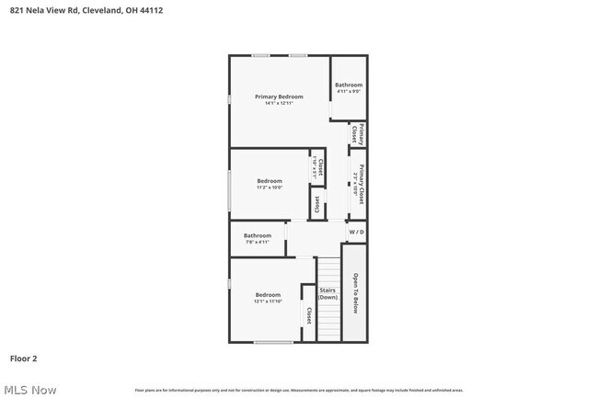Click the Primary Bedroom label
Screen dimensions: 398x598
pyautogui.click(x=279, y=97)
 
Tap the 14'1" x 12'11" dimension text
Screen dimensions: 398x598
pyautogui.click(x=279, y=103)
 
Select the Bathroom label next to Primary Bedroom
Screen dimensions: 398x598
pyautogui.click(x=349, y=85)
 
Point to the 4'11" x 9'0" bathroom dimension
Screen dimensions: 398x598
pyautogui.click(x=349, y=91)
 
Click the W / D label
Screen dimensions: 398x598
pyautogui.click(x=356, y=233)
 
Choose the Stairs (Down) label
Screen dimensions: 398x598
pyautogui.click(x=328, y=294)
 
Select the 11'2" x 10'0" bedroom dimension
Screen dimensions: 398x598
pyautogui.click(x=270, y=188)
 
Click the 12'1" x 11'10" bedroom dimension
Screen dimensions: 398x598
pyautogui.click(x=269, y=301)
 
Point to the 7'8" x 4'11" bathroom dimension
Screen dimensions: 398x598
pyautogui.click(x=258, y=243)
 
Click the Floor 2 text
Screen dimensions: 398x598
pyautogui.click(x=23, y=358)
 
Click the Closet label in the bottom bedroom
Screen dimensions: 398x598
pyautogui.click(x=309, y=315)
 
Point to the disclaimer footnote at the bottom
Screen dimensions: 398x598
pyautogui.click(x=298, y=391)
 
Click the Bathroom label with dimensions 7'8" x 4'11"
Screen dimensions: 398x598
pyautogui.click(x=258, y=235)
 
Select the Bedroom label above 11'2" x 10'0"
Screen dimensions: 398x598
pyautogui.click(x=270, y=181)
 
